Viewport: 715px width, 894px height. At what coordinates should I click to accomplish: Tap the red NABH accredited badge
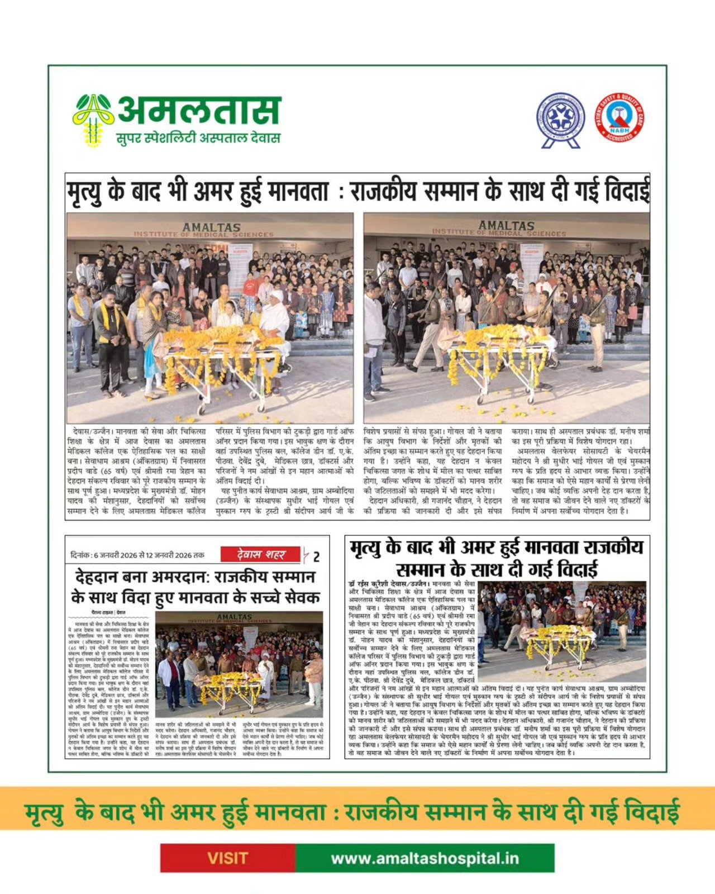coord(619,117)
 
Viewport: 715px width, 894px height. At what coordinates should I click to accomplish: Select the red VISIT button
coord(227,858)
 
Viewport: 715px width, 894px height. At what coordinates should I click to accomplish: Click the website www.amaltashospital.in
coord(425,858)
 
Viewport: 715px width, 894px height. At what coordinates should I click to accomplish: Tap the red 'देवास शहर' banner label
coord(261,554)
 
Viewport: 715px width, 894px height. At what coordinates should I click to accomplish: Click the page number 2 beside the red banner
coord(317,557)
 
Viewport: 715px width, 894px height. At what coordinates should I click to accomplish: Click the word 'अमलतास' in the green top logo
coord(199,111)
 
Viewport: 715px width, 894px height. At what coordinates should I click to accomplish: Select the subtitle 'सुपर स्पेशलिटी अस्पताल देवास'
coord(198,137)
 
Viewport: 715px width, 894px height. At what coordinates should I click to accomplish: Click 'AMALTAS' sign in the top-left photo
coord(211,227)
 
